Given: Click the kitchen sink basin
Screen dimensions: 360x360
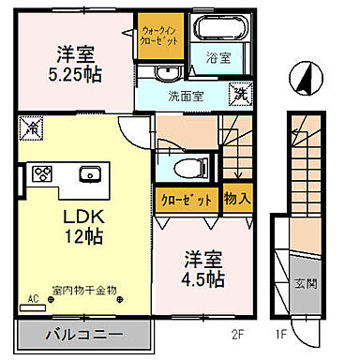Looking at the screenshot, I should click(x=91, y=172).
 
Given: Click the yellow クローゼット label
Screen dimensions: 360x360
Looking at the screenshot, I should click(x=187, y=201).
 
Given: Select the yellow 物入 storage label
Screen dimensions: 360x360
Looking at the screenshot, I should click(x=234, y=201).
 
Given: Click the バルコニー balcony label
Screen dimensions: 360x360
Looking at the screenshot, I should click(x=82, y=335).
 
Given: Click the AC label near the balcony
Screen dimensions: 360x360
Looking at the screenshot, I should click(x=31, y=299).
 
